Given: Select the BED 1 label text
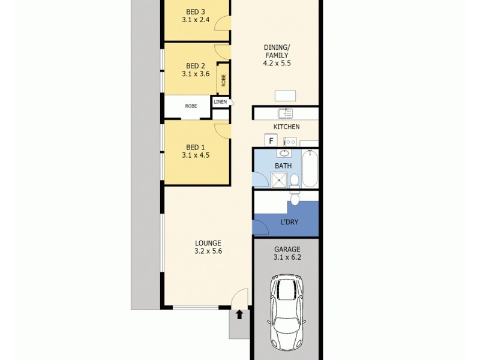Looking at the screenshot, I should tap(195, 147).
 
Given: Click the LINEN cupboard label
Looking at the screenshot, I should tap(220, 102).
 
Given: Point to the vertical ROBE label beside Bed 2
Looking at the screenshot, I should tap(224, 80).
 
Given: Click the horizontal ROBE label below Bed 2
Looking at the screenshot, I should tap(191, 106).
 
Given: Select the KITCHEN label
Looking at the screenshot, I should tap(286, 127).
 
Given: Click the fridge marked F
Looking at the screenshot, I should tap(271, 141).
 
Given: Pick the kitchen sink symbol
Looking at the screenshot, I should tap(285, 113).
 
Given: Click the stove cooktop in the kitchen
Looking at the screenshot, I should tap(290, 142).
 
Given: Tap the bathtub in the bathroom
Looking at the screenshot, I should tap(310, 169).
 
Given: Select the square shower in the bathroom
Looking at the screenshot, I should tap(277, 178).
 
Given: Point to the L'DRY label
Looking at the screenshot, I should tap(290, 222).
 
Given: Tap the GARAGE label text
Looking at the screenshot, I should tap(286, 249).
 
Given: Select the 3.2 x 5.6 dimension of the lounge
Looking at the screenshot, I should tap(208, 251).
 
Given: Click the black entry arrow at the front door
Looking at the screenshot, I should tap(239, 314).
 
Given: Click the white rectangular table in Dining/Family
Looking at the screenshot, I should tap(285, 96).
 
